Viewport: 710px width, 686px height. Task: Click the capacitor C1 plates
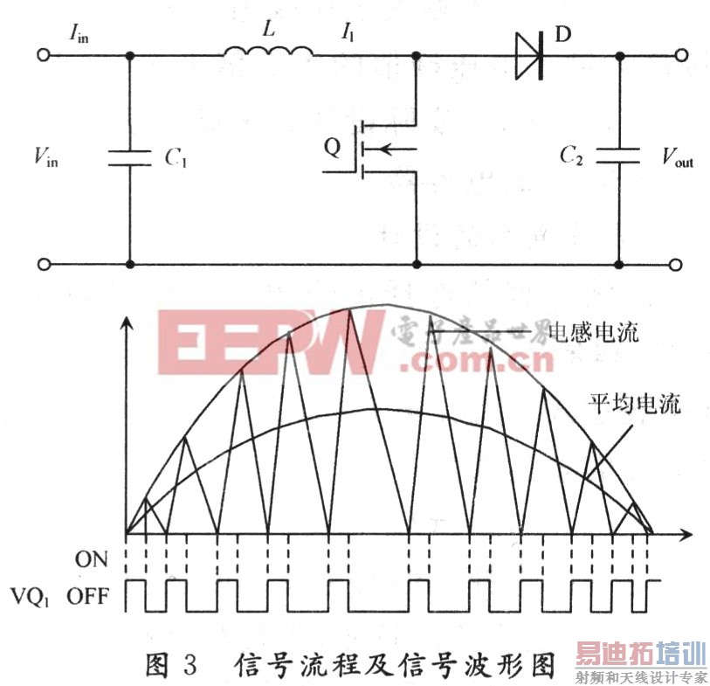pos(130,158)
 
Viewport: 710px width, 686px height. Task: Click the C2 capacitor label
pos(572,157)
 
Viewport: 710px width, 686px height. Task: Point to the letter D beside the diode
pos(562,38)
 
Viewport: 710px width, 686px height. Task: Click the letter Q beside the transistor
pos(333,147)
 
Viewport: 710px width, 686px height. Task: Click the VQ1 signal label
pos(35,597)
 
